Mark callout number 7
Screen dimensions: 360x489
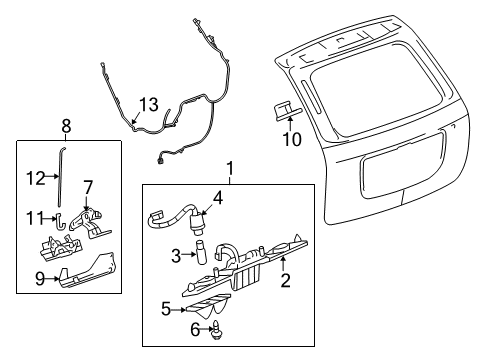87,187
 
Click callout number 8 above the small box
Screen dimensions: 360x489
66,126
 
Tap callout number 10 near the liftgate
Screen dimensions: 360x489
290,139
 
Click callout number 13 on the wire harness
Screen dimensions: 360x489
148,105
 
